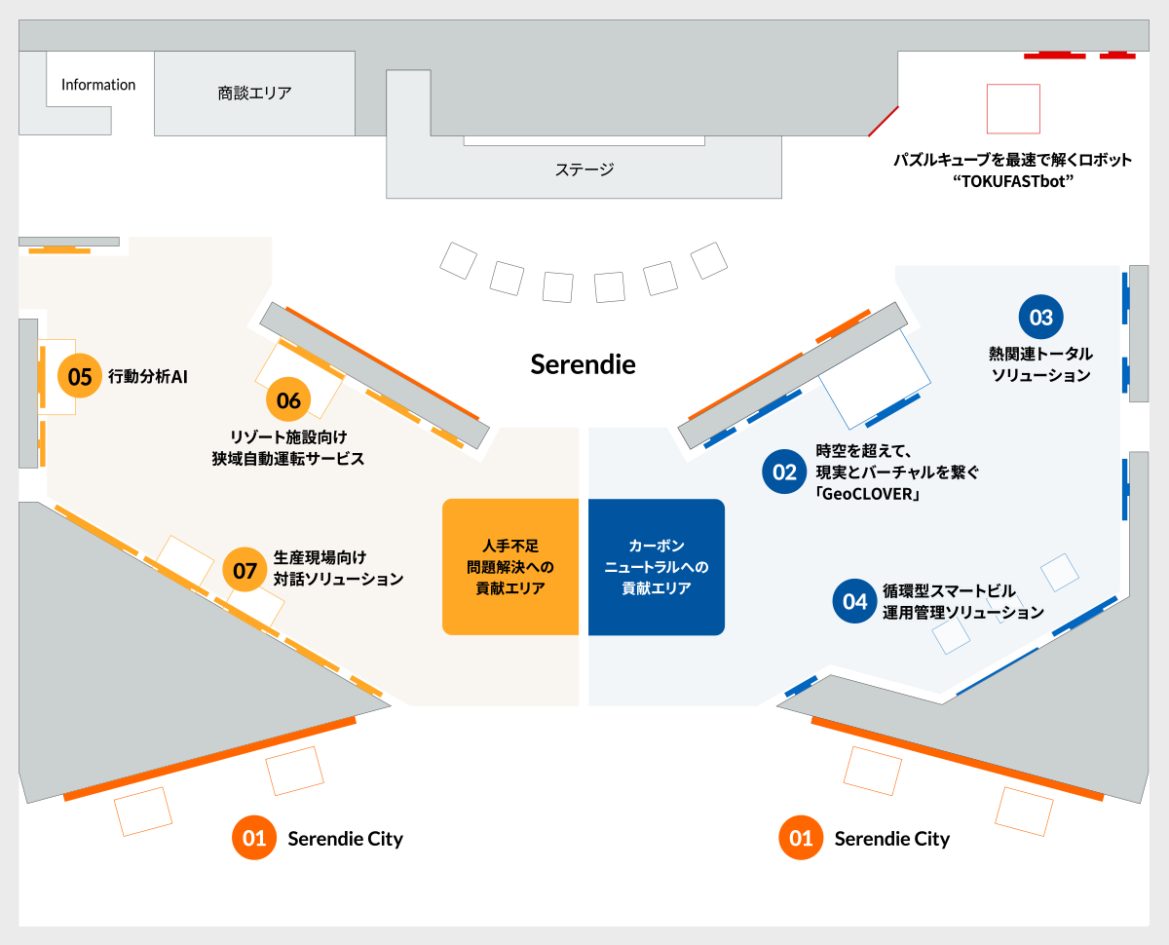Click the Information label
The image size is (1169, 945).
coord(98,85)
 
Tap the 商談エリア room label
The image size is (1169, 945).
coord(254,94)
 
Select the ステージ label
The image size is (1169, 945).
coord(584,170)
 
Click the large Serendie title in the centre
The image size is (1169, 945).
coord(583,364)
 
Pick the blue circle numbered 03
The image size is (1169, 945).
coord(1041,318)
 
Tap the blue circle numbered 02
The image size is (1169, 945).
coord(784,472)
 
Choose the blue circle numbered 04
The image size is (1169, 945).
coord(854,602)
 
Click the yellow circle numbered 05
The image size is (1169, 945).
coord(80,377)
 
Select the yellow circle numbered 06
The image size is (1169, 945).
coord(288,400)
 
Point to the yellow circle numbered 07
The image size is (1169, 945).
coord(245,570)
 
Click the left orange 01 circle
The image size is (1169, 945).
coord(254,838)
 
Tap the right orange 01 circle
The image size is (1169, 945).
coord(801,838)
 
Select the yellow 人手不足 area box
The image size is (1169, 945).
coord(510,567)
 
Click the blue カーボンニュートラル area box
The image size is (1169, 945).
coord(657,567)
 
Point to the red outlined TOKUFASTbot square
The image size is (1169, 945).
coord(1013,109)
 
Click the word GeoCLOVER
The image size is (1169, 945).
coord(871,495)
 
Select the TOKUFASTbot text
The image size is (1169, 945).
coord(1013,181)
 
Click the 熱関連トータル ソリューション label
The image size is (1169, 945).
coord(1040,364)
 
